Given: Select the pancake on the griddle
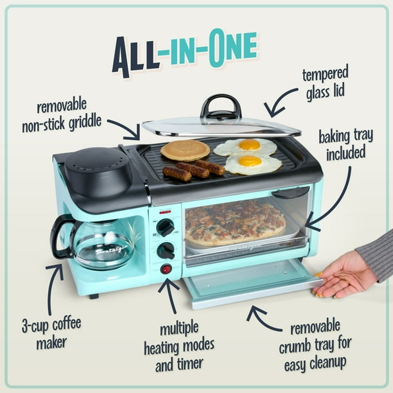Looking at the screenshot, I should (x=185, y=150).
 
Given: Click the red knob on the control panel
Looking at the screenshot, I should (x=166, y=268).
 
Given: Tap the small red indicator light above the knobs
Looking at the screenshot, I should (x=165, y=211).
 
